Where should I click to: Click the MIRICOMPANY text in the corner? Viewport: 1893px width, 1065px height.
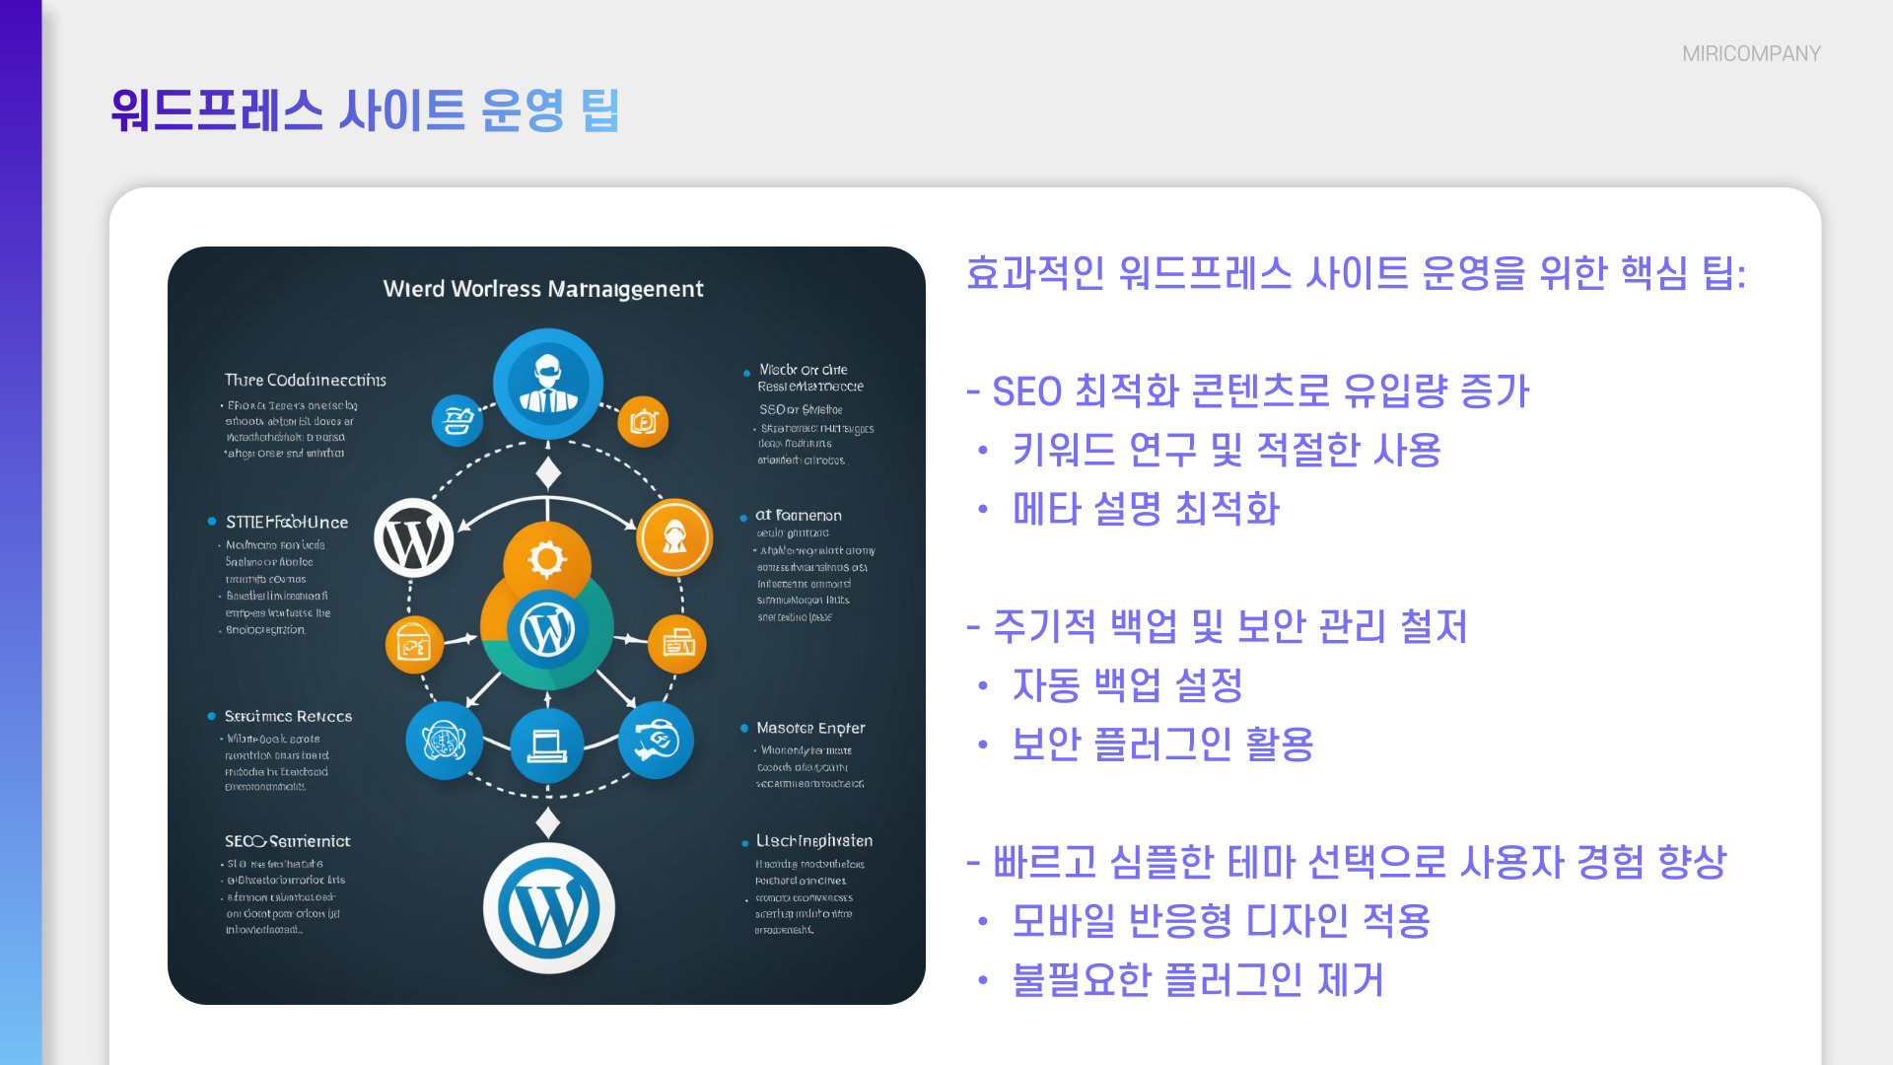tap(1751, 53)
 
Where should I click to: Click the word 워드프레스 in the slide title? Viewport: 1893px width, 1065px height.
tap(217, 110)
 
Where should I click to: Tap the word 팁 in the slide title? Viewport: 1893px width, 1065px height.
tap(599, 110)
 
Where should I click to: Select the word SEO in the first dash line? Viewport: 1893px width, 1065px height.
tap(1025, 391)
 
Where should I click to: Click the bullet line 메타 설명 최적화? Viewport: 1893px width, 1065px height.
tap(1146, 509)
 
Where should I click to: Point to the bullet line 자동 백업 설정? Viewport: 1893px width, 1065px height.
tap(1127, 684)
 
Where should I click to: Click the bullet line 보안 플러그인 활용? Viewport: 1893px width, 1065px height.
tap(1162, 744)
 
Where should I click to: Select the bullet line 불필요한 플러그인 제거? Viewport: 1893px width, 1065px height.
tap(1198, 979)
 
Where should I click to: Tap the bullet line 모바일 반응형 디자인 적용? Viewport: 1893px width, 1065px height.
tap(1221, 920)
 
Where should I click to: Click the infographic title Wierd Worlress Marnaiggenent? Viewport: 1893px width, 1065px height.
tap(543, 289)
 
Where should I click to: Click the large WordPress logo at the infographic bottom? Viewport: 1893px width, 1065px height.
tap(549, 908)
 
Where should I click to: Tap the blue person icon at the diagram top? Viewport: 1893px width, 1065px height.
tap(548, 384)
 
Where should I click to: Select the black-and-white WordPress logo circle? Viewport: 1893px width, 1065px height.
tap(414, 538)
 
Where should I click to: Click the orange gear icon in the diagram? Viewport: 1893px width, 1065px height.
tap(547, 560)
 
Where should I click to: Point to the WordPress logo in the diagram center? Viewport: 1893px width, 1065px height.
tap(547, 629)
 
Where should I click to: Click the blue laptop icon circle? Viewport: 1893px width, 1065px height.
tap(547, 745)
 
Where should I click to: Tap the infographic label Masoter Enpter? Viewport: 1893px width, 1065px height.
tap(810, 728)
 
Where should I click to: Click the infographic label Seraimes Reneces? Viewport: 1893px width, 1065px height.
tap(288, 716)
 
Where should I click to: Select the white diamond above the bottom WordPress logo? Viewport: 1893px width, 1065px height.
tap(548, 821)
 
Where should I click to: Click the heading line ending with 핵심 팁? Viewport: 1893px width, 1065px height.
tap(1356, 273)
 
